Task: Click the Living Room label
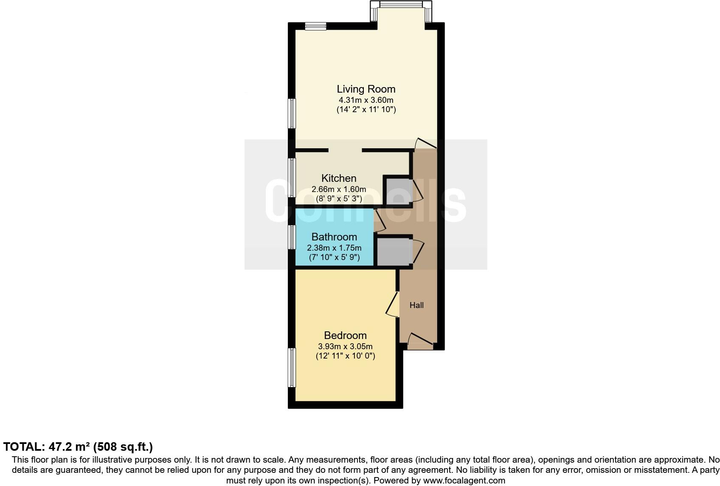pyautogui.click(x=366, y=89)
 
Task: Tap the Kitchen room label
pyautogui.click(x=339, y=178)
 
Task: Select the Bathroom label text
pyautogui.click(x=334, y=237)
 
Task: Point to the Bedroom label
pyautogui.click(x=345, y=335)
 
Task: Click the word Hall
pyautogui.click(x=416, y=305)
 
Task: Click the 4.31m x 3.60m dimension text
pyautogui.click(x=366, y=100)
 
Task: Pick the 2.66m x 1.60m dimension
pyautogui.click(x=339, y=189)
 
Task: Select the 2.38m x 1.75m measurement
pyautogui.click(x=334, y=248)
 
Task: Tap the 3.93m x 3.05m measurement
pyautogui.click(x=345, y=346)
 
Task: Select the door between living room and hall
pyautogui.click(x=425, y=144)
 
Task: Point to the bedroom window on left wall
pyautogui.click(x=292, y=367)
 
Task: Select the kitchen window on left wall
pyautogui.click(x=292, y=178)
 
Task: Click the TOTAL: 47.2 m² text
pyautogui.click(x=78, y=447)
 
